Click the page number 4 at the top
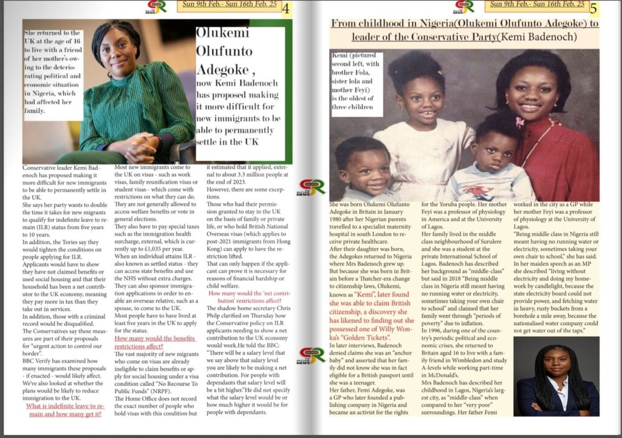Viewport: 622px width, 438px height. (286, 9)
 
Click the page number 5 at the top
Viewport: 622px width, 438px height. (593, 9)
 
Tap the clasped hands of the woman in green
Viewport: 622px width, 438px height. (141, 144)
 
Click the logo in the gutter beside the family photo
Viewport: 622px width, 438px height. (312, 187)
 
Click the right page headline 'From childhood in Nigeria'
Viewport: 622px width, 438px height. (465, 30)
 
